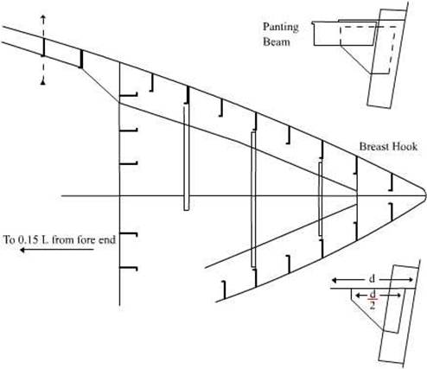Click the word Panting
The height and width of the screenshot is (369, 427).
(280, 28)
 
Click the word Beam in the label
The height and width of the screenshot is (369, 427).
(277, 42)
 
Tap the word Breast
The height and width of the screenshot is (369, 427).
(373, 146)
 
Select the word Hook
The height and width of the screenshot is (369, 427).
(404, 146)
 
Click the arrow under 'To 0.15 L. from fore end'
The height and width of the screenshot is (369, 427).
(57, 250)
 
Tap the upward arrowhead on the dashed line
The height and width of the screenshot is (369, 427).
(43, 17)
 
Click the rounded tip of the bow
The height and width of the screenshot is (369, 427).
(424, 195)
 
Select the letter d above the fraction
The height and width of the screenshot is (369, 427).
(372, 279)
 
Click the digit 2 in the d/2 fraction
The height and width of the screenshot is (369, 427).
(373, 305)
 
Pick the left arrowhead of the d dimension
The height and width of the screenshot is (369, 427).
(335, 280)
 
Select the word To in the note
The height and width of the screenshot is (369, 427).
(10, 239)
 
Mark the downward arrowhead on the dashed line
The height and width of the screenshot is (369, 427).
(43, 83)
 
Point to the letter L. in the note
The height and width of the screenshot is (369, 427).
(47, 239)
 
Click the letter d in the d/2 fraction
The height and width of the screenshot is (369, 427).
(373, 295)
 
